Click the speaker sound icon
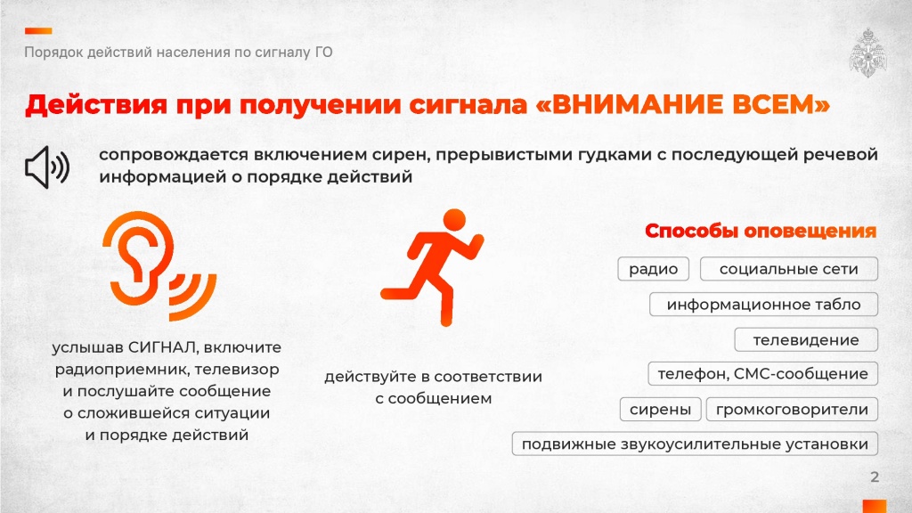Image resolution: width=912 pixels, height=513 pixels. (46, 167)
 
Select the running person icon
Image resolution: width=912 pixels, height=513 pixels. (433, 267)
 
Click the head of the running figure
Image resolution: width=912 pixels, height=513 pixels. (454, 221)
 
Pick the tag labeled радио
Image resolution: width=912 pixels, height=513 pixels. (653, 269)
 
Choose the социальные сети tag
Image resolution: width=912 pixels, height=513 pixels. (789, 269)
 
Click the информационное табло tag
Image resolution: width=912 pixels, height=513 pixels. (763, 305)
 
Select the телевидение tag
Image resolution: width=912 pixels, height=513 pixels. (805, 339)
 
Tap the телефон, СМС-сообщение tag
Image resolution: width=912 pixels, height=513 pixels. (762, 373)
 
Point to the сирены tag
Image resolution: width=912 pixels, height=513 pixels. (660, 409)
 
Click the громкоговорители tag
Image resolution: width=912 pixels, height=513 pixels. (792, 409)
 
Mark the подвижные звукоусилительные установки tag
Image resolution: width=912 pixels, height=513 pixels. (695, 444)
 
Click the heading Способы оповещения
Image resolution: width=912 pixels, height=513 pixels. (761, 231)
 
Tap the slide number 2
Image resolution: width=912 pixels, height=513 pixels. (875, 477)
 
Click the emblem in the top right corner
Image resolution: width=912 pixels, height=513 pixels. (867, 53)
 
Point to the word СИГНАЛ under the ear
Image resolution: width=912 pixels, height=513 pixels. (163, 347)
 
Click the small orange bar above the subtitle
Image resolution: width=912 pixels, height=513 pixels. (38, 31)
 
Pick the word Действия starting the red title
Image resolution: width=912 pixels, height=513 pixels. (96, 105)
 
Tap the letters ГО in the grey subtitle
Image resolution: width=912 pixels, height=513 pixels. (324, 53)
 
